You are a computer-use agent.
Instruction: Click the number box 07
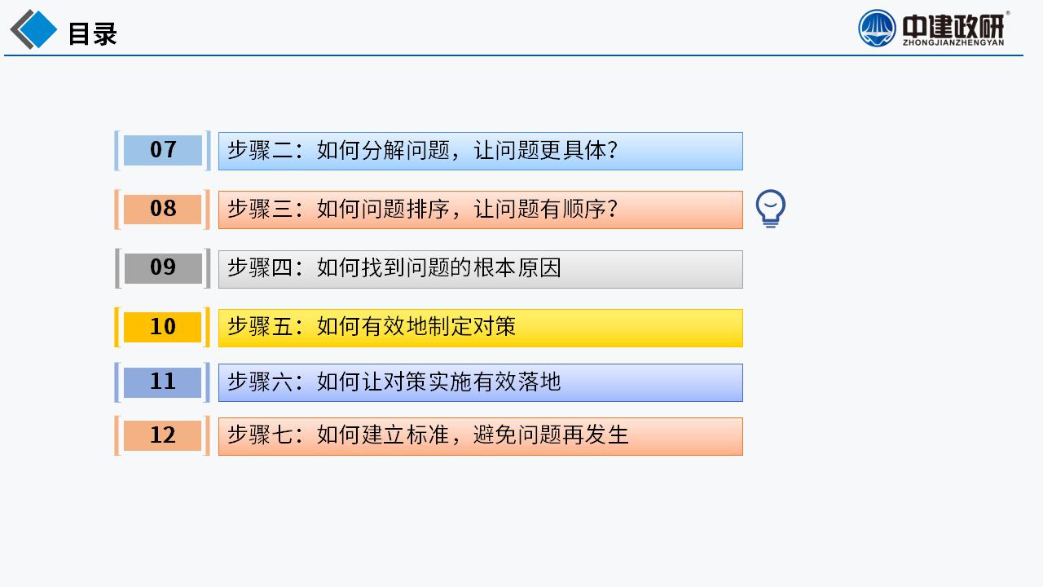click(x=162, y=150)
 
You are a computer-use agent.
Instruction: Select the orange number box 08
click(x=162, y=210)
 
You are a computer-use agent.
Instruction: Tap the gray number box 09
click(x=163, y=268)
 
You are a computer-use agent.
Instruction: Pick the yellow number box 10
click(x=162, y=327)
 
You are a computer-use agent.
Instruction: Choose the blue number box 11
click(x=162, y=382)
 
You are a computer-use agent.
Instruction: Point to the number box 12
click(x=162, y=435)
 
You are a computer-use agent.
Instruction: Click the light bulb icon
click(x=771, y=208)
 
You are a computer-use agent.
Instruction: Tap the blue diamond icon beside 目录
click(x=33, y=29)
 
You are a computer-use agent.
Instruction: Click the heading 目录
click(x=93, y=33)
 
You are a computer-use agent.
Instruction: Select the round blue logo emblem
click(x=877, y=29)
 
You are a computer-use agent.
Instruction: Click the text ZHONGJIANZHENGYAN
click(x=953, y=42)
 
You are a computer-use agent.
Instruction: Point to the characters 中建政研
click(x=953, y=26)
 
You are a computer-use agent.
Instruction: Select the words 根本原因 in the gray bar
click(x=517, y=268)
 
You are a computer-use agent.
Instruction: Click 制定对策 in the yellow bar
click(x=472, y=327)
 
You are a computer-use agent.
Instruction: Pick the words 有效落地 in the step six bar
click(x=517, y=382)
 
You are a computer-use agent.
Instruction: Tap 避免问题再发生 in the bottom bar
click(x=552, y=435)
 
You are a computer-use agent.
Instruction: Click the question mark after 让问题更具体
click(x=613, y=151)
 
